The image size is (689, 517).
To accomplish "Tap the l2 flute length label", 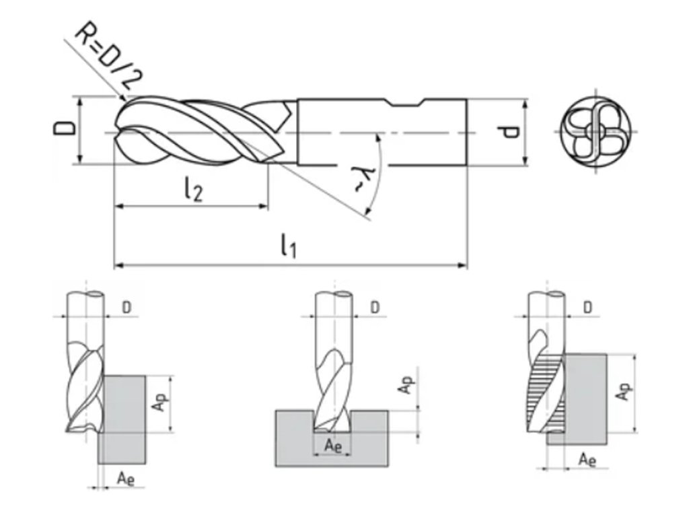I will (192, 191).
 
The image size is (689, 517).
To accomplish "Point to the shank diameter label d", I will (511, 131).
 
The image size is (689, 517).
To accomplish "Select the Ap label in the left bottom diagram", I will (156, 403).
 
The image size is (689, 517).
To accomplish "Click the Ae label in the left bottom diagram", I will (124, 479).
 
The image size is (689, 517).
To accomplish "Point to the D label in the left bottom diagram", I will (127, 308).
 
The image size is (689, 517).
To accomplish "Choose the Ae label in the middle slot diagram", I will (332, 445).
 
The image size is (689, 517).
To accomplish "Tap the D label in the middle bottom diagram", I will (375, 308).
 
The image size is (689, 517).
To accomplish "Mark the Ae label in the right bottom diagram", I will (587, 460).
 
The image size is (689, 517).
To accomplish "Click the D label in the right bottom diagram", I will (587, 308).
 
